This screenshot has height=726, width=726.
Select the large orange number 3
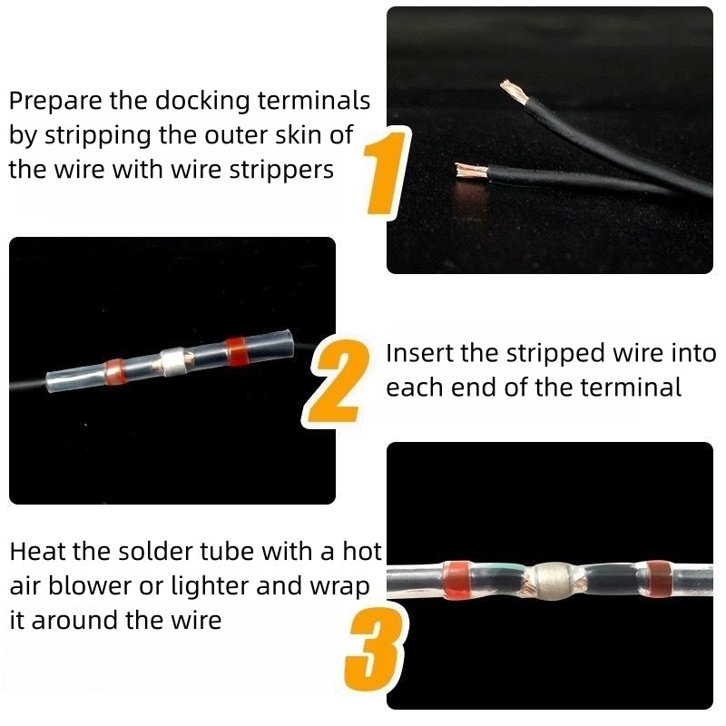click(x=376, y=650)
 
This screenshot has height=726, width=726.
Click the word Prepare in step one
click(x=55, y=102)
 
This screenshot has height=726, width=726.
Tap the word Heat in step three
click(x=37, y=552)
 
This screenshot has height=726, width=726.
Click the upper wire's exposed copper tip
click(x=515, y=92)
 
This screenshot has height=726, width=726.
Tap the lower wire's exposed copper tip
click(x=471, y=171)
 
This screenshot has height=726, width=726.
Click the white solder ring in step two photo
click(x=173, y=361)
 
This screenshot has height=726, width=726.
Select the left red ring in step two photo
click(x=114, y=372)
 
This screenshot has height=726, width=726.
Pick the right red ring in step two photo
click(x=237, y=351)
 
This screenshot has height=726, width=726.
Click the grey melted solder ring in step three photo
click(x=552, y=581)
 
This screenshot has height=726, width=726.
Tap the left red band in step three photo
click(x=457, y=580)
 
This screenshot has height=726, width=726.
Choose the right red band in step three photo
click(x=659, y=579)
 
